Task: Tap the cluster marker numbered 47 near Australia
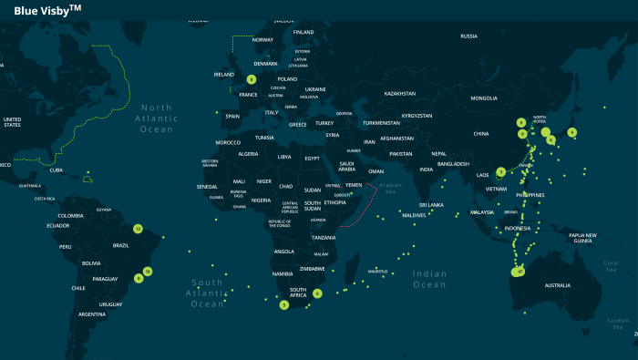click(520, 272)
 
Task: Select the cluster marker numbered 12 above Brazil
click(138, 229)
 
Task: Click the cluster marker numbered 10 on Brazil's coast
click(147, 271)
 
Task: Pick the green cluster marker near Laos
click(500, 171)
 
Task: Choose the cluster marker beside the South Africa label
click(317, 293)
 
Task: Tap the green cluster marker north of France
click(251, 79)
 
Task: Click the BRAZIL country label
click(120, 245)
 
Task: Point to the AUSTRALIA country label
click(557, 285)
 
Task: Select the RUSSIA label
click(468, 36)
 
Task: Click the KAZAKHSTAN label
click(399, 94)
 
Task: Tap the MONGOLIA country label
click(484, 98)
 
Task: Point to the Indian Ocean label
click(429, 279)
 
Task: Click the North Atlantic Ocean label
click(156, 118)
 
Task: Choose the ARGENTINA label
click(91, 314)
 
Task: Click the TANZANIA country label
click(324, 238)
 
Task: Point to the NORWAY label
click(262, 40)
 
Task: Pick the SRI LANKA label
click(431, 205)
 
